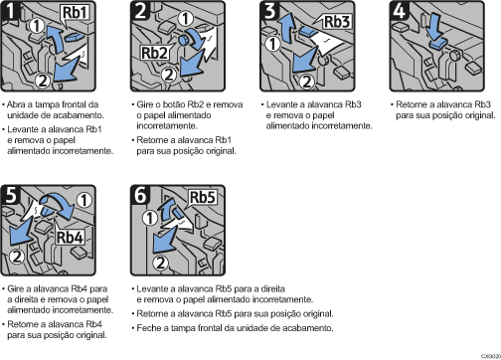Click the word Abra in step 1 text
(18, 103)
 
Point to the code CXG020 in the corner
(487, 352)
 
